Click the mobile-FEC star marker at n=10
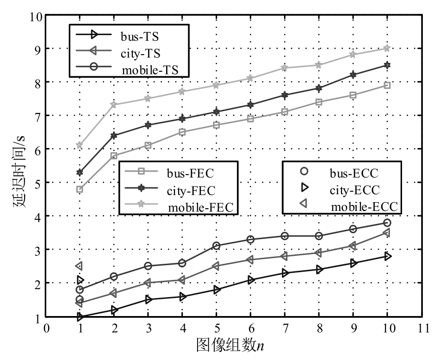pyautogui.click(x=387, y=48)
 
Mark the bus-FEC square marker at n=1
pyautogui.click(x=80, y=189)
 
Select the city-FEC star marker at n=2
pyautogui.click(x=114, y=136)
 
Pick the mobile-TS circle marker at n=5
pyautogui.click(x=216, y=246)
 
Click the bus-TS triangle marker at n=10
pyautogui.click(x=387, y=256)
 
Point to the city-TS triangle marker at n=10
pyautogui.click(x=387, y=233)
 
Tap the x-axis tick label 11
pyautogui.click(x=421, y=328)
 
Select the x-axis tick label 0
pyautogui.click(x=46, y=328)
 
